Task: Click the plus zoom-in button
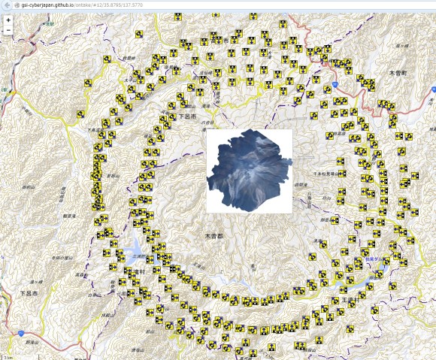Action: point(8,20)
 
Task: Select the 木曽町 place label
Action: point(397,73)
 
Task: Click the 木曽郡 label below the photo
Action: point(214,235)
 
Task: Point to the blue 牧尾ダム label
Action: point(371,259)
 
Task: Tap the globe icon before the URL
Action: point(6,5)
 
